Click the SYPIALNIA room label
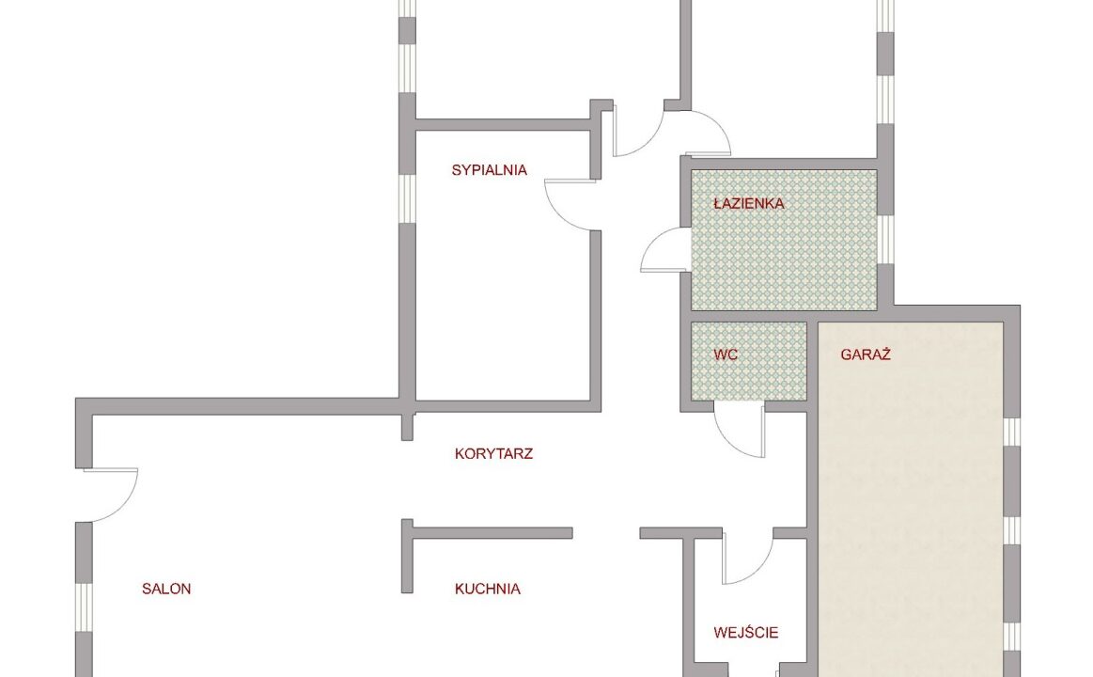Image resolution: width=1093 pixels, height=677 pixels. [490, 170]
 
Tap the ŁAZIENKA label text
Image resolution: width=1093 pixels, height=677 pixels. [749, 204]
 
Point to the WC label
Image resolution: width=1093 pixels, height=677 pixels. [726, 354]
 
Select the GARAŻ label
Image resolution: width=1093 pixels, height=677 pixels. [866, 354]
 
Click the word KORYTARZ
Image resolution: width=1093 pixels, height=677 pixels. [493, 454]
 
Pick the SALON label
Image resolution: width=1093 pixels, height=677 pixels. [166, 590]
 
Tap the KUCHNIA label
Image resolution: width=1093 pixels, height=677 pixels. [487, 590]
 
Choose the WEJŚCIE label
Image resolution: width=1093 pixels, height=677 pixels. [746, 633]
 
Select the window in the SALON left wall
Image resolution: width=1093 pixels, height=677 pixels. [84, 607]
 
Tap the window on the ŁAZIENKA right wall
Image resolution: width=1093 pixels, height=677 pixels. [885, 239]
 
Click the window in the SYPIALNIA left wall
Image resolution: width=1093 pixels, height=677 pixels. [407, 198]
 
